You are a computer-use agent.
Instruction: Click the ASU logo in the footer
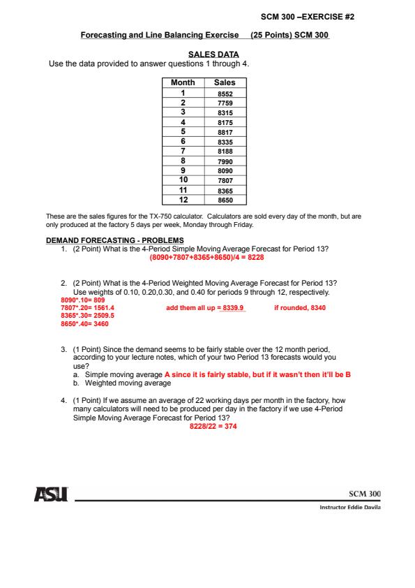(52, 494)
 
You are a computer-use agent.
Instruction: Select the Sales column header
(225, 82)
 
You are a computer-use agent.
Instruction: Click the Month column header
(183, 82)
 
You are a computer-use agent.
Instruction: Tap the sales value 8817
(225, 133)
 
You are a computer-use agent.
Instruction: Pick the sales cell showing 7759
(225, 103)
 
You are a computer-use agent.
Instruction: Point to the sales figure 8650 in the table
(225, 200)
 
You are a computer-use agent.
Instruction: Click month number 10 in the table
(183, 180)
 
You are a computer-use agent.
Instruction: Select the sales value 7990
(225, 161)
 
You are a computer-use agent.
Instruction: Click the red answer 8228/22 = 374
(213, 427)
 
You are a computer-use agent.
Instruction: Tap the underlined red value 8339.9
(233, 308)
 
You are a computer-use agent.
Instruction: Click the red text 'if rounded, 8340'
(300, 308)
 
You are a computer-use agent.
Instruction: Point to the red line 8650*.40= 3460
(84, 324)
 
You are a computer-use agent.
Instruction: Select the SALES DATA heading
(213, 54)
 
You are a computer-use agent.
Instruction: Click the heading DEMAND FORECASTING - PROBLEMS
(115, 240)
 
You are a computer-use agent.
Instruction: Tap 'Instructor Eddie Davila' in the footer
(350, 508)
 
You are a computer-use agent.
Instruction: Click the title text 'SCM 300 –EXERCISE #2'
(308, 17)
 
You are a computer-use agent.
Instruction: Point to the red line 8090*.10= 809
(83, 300)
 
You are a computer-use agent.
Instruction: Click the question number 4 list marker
(63, 401)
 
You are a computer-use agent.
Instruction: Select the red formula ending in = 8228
(206, 258)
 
